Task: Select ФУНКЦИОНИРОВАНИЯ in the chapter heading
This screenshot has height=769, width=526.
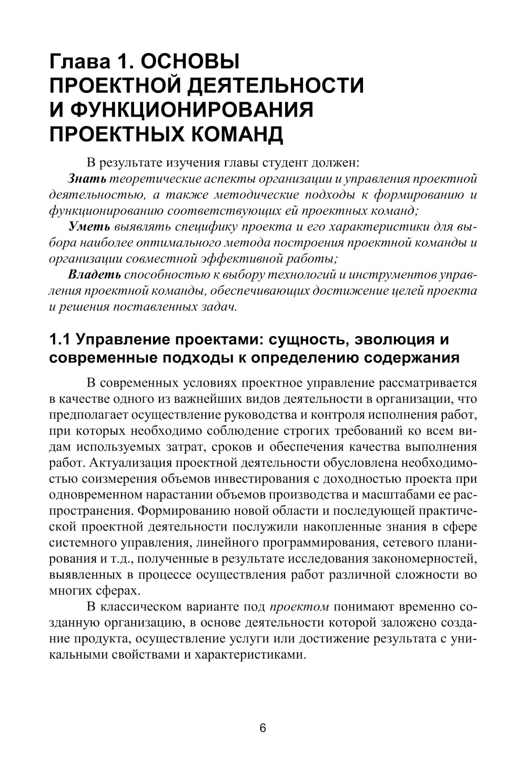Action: pos(192,110)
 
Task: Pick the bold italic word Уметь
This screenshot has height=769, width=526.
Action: pos(89,227)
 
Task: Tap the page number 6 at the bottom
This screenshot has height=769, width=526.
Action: pos(263,728)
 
